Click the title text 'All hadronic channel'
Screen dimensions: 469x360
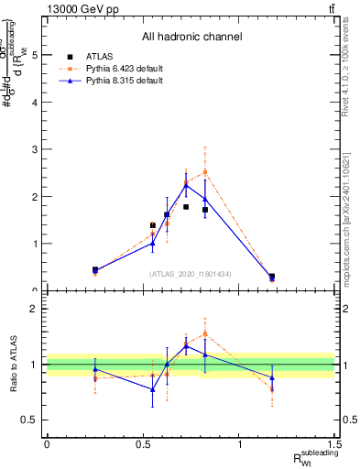191,37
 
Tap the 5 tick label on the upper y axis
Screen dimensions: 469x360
36,55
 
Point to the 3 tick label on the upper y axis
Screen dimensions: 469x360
36,149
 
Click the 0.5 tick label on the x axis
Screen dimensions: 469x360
143,444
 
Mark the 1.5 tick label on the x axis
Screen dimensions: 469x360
336,444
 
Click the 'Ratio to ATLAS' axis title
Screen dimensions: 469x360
13,365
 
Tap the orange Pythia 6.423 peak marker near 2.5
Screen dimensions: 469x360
205,172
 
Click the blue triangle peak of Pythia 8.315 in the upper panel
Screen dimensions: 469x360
186,185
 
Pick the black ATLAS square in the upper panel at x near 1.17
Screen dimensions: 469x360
272,276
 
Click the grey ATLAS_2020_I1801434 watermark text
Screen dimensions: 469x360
191,274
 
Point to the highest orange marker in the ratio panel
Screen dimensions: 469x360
205,333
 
